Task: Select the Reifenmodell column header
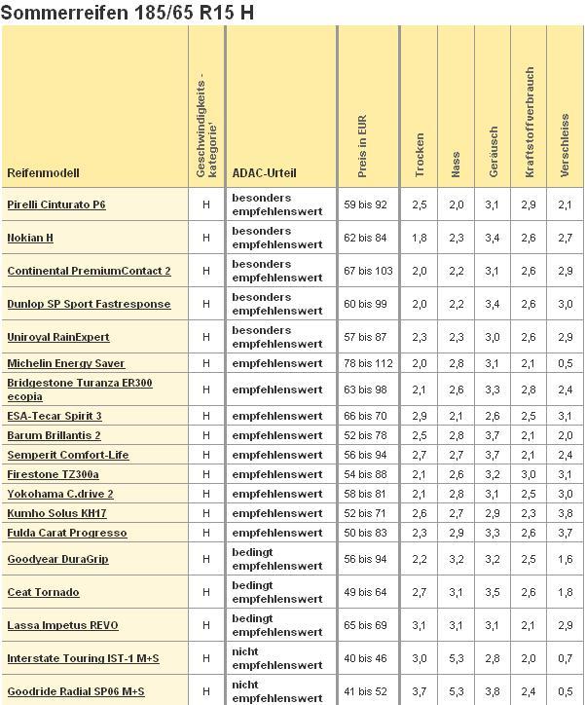click(43, 173)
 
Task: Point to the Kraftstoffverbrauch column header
click(530, 122)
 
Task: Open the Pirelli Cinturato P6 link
click(56, 204)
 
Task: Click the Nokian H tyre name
click(30, 238)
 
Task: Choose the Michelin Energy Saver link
click(66, 363)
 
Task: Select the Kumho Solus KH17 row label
click(56, 513)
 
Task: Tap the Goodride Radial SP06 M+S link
click(76, 691)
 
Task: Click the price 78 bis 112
click(368, 363)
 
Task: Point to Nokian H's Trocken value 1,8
click(420, 238)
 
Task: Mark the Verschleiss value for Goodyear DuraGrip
click(566, 559)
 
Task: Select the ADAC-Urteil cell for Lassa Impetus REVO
click(277, 625)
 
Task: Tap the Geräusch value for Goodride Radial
click(493, 691)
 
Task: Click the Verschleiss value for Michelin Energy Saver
click(566, 363)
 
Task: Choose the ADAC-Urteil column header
click(264, 173)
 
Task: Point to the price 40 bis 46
click(365, 658)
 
